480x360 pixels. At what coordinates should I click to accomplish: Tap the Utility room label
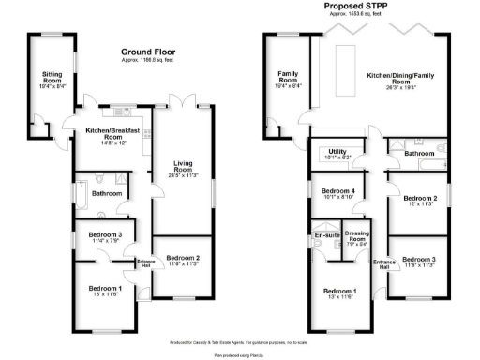tap(336, 153)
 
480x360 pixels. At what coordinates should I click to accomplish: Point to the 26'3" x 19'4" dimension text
tap(389, 93)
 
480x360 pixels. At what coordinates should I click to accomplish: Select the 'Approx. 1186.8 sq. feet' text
tap(148, 61)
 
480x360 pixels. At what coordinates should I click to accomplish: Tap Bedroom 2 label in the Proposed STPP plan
tap(420, 199)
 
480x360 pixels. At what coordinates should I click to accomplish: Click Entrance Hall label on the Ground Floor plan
tap(145, 262)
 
